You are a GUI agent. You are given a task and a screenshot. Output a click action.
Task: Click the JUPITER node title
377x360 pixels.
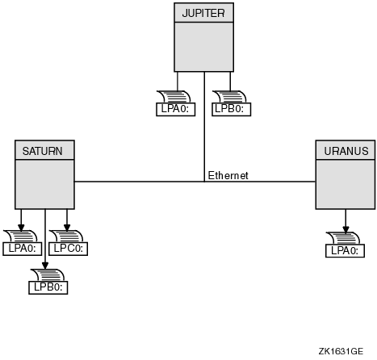tap(203, 13)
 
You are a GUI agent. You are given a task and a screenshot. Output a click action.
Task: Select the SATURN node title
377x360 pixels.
tap(43, 151)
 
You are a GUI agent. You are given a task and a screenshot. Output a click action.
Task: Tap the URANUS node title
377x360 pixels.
tap(346, 151)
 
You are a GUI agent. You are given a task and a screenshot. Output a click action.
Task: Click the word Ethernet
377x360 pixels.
tap(228, 175)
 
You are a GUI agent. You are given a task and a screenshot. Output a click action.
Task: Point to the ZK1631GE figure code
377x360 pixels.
tap(341, 351)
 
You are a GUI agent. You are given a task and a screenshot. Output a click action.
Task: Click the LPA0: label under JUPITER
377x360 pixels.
tap(176, 109)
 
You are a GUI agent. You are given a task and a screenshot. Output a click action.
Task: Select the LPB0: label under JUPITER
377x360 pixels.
tap(232, 109)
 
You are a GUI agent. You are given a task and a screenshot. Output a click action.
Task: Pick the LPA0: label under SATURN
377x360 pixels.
tap(23, 249)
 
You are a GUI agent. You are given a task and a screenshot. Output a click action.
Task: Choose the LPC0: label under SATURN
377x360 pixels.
tap(68, 249)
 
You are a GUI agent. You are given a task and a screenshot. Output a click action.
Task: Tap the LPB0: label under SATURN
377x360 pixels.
tap(48, 287)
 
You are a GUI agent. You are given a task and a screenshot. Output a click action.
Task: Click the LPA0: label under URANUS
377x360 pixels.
tap(345, 251)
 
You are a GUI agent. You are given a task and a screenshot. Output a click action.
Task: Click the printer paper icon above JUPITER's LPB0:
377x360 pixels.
tap(229, 97)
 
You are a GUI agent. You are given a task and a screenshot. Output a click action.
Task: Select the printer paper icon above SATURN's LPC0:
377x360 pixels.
tap(66, 237)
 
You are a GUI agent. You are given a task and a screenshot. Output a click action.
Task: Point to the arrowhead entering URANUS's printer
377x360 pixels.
tap(346, 230)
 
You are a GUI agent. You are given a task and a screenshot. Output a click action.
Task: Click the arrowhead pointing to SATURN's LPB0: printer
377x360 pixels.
tap(45, 266)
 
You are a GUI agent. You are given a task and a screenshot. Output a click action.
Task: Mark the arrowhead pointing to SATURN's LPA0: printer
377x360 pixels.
tap(21, 228)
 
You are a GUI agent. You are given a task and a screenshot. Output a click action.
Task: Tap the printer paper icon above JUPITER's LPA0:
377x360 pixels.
tap(174, 97)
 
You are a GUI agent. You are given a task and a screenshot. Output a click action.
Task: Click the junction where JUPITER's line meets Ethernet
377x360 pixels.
tap(204, 182)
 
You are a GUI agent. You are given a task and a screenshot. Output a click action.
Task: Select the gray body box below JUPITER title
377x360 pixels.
tap(203, 47)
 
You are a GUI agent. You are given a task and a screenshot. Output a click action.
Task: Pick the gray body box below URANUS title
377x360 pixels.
tap(346, 184)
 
